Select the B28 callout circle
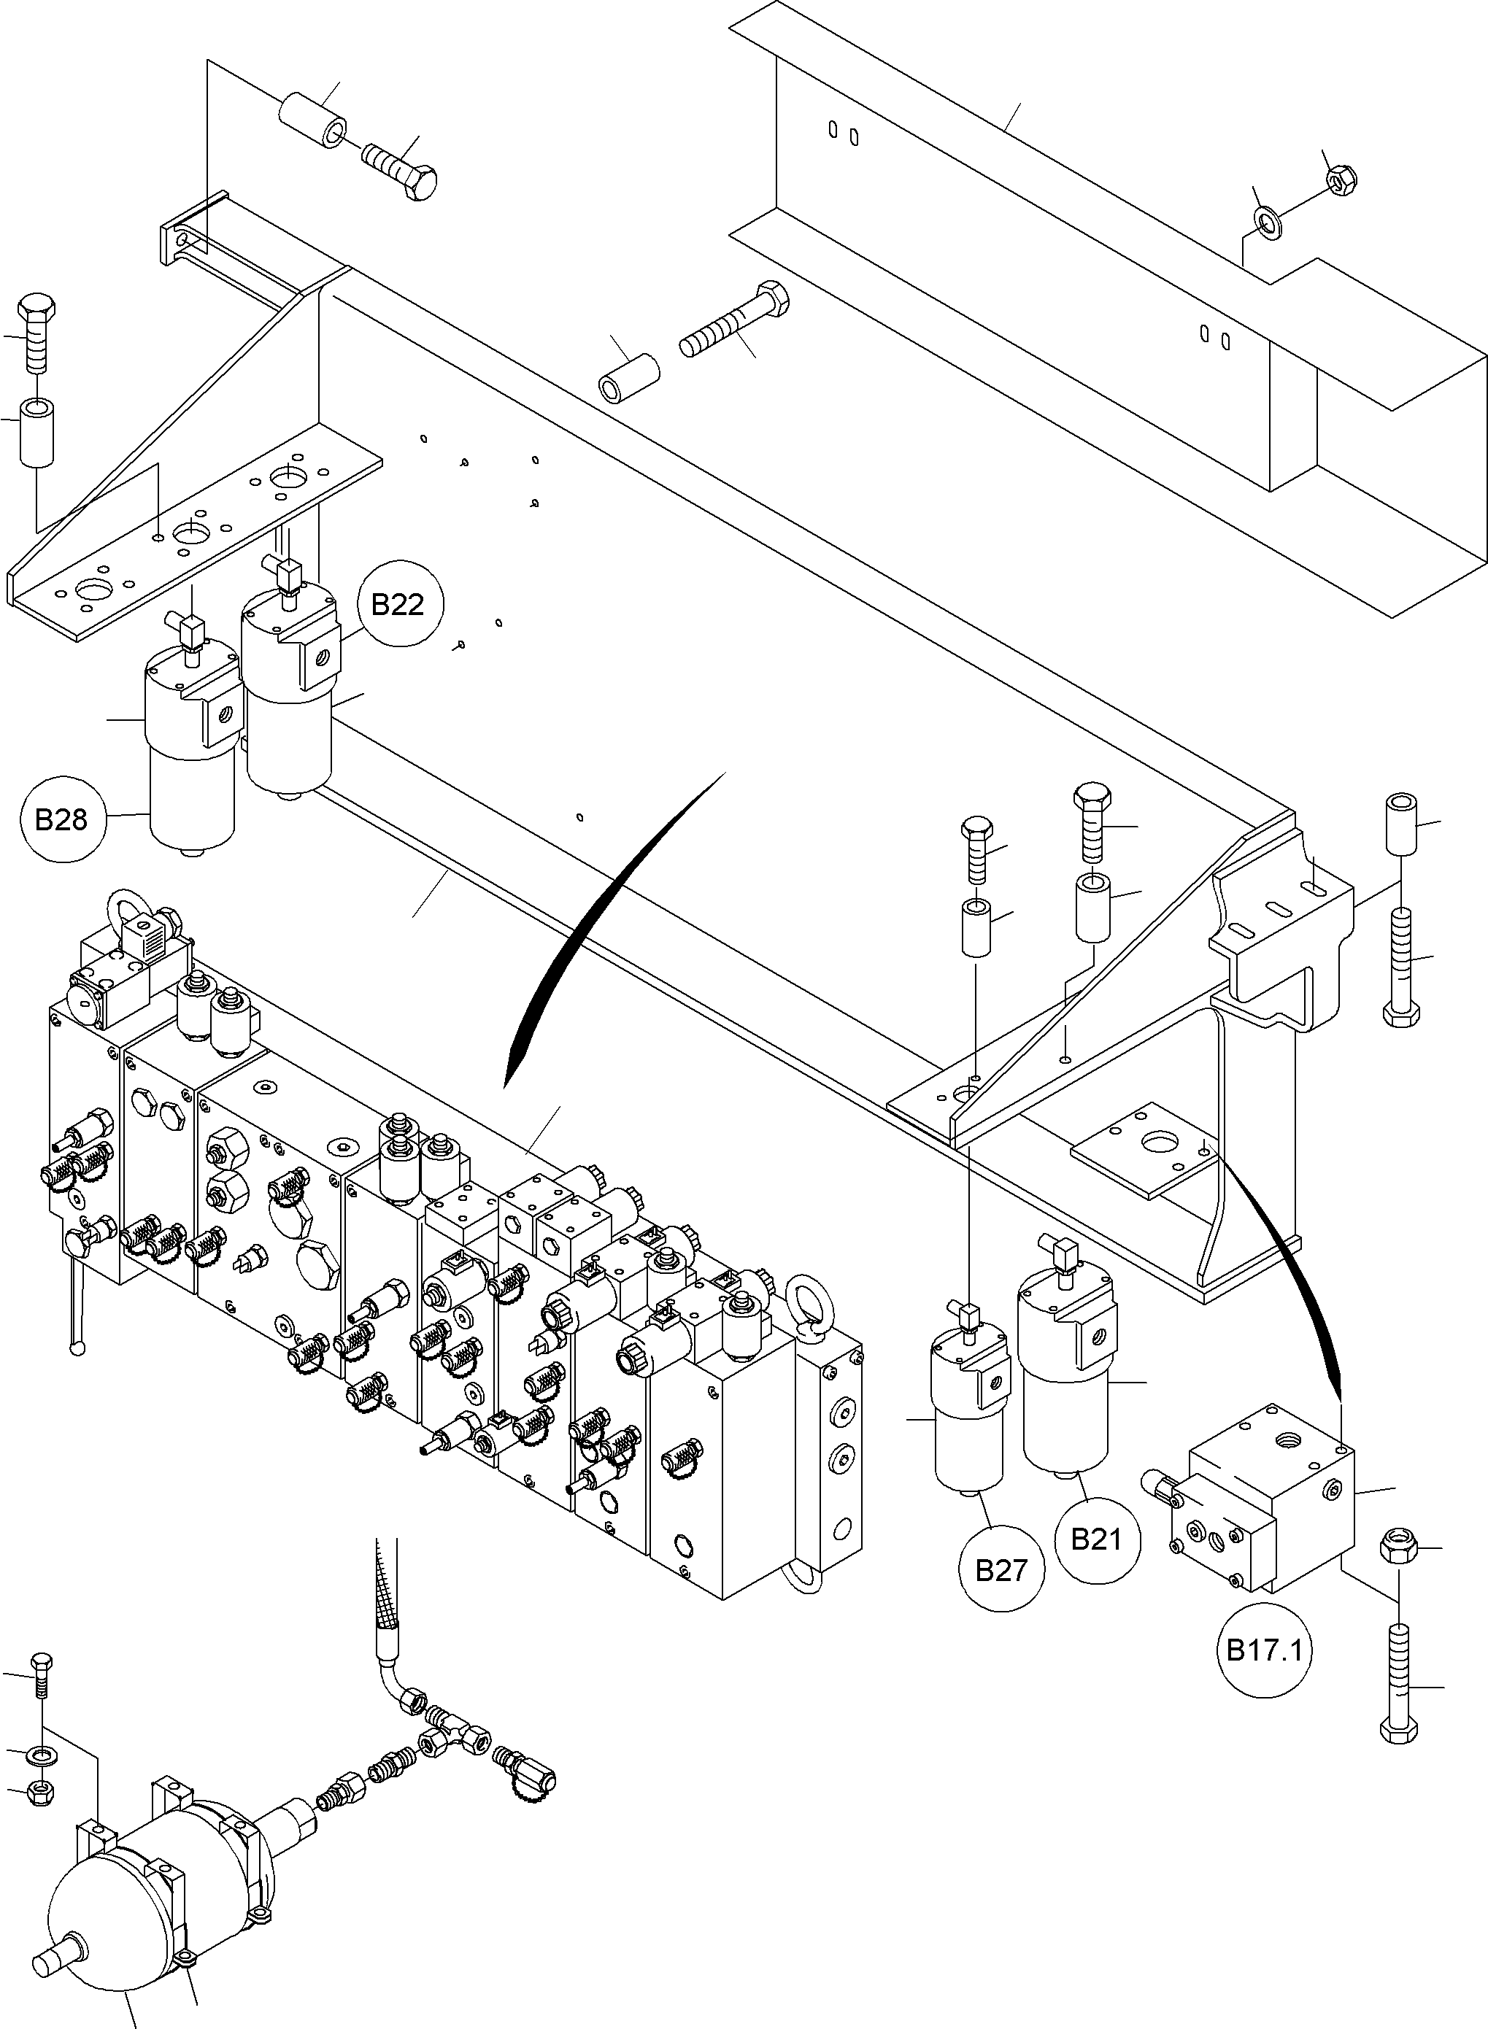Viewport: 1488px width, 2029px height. tap(61, 819)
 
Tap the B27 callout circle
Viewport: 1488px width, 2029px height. tap(1001, 1569)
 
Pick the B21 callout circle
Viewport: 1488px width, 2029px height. tap(1095, 1539)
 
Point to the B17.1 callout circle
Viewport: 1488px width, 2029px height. tap(1264, 1650)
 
